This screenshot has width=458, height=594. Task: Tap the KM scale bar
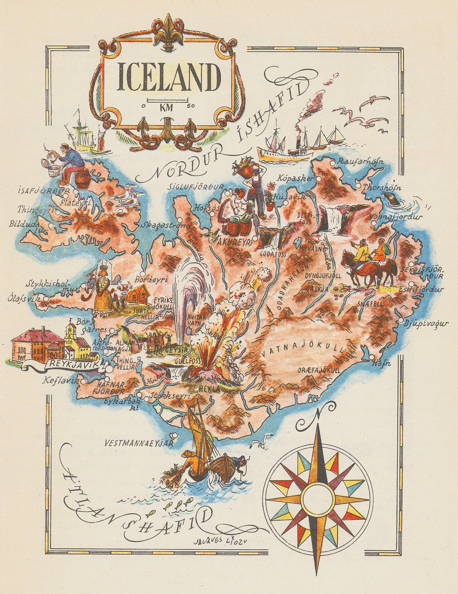pos(169,101)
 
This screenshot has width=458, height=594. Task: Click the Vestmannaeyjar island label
pos(140,443)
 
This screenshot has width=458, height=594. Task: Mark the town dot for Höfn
pos(372,357)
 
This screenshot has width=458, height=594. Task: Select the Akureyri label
pos(233,242)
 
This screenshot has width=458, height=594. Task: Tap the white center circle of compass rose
pos(317,497)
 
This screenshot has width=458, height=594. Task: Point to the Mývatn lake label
pos(309,248)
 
